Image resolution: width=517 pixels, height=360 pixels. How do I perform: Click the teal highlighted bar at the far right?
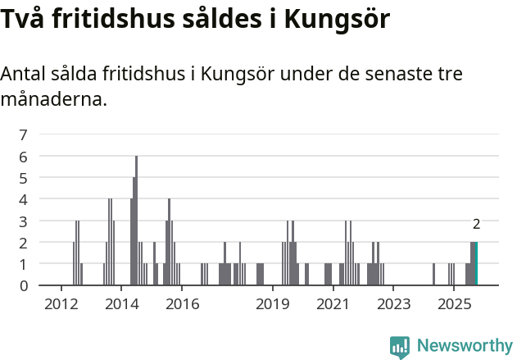(475, 263)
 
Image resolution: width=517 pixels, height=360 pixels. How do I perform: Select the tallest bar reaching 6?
(136, 221)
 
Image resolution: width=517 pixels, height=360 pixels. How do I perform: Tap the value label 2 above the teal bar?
(476, 224)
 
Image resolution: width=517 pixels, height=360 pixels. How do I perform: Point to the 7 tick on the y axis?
(23, 134)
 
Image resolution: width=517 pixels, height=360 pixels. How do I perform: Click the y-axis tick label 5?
(23, 178)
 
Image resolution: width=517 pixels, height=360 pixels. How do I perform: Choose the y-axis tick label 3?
(23, 221)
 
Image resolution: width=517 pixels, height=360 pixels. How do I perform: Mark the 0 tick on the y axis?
(23, 285)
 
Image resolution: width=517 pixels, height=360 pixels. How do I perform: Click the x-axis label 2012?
(61, 304)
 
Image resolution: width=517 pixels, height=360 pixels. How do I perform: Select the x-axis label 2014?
(121, 304)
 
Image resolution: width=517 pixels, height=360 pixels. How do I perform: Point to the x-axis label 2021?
(333, 304)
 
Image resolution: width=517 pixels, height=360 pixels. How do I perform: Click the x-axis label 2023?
(392, 304)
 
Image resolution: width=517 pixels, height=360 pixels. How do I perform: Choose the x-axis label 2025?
(453, 304)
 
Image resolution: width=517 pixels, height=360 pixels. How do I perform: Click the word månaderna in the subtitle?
(53, 101)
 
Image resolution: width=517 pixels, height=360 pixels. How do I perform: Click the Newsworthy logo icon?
(400, 347)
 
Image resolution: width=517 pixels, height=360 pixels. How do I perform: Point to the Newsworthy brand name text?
(464, 346)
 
